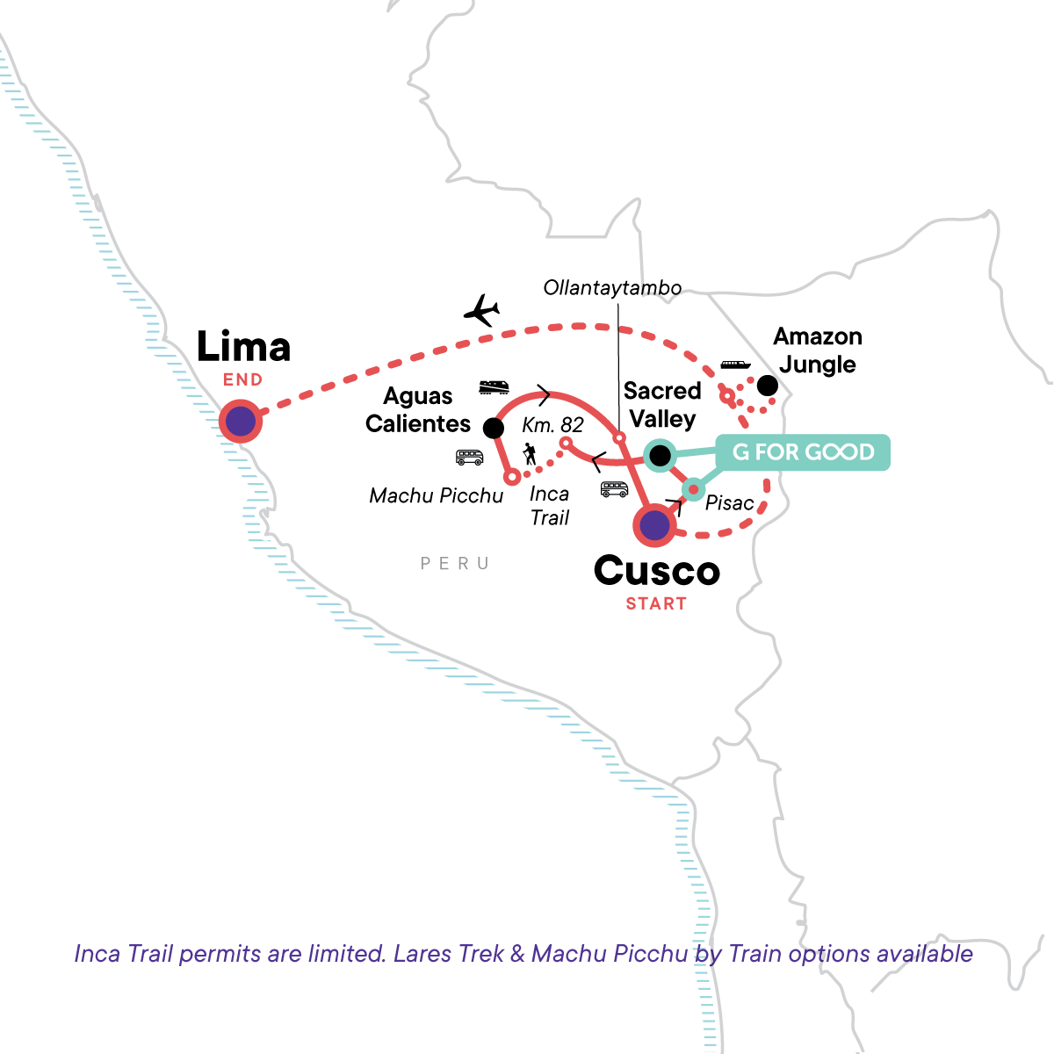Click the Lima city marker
(241, 422)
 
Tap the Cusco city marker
(654, 526)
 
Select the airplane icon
(481, 310)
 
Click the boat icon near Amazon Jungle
(735, 365)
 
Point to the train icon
(494, 386)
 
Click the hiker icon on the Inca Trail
(530, 454)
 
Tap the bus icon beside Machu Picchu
(469, 457)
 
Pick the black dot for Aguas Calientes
(494, 428)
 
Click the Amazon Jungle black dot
(767, 386)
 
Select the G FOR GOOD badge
(804, 452)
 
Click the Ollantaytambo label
(612, 288)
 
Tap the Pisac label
(729, 503)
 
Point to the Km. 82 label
(552, 425)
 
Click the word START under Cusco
(656, 604)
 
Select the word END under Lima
(242, 380)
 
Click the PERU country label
(454, 564)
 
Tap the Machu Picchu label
(436, 496)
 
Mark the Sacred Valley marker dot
(659, 455)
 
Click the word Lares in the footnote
(422, 954)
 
